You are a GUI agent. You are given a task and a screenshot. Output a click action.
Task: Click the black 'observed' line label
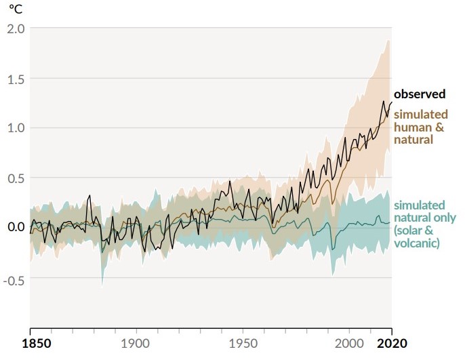(420, 94)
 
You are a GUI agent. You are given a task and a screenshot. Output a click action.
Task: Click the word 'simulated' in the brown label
(420, 114)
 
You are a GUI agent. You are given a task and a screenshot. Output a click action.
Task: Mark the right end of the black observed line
(391, 102)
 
